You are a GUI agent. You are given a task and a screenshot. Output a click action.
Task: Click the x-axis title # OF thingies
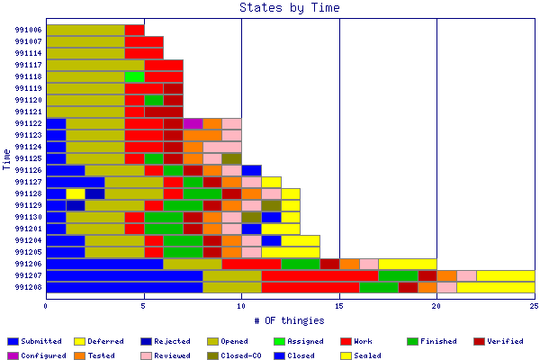[x=290, y=319]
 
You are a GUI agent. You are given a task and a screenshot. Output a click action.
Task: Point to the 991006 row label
[x=28, y=30]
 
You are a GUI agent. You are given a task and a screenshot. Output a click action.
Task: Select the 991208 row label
[x=28, y=287]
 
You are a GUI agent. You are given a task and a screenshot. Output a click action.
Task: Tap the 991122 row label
[x=28, y=123]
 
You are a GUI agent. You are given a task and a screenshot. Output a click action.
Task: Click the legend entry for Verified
[x=501, y=342]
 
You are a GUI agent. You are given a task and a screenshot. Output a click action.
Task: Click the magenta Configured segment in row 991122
[x=193, y=123]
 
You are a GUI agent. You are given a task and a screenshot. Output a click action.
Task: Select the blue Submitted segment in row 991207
[x=124, y=275]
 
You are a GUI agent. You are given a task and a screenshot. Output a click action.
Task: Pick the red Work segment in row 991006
[x=134, y=30]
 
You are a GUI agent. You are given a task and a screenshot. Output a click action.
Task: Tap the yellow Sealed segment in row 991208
[x=495, y=287]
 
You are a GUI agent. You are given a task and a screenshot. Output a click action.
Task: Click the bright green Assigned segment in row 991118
[x=134, y=76]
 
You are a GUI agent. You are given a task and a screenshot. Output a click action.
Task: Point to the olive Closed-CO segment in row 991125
[x=231, y=158]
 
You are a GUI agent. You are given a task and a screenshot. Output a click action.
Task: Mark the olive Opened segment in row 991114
[x=85, y=53]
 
